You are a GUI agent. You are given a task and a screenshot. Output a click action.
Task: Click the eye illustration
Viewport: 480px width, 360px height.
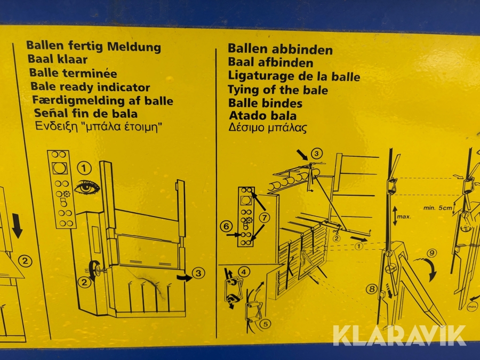86,187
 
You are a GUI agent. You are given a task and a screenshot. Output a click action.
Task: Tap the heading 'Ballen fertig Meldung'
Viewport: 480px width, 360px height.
94,46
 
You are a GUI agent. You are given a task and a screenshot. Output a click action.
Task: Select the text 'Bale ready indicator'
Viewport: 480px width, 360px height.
90,87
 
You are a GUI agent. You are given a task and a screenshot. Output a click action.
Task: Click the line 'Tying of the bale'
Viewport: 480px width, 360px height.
278,90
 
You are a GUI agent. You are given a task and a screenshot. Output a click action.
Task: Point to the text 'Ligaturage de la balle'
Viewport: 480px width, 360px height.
294,76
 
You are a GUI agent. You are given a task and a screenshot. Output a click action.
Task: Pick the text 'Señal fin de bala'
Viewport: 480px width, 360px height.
86,113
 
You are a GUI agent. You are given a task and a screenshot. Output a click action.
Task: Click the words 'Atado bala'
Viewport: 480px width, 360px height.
262,115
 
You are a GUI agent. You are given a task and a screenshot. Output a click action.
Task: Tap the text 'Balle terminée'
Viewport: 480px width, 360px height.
73,73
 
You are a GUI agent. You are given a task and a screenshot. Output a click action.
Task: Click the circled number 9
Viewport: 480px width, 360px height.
431,253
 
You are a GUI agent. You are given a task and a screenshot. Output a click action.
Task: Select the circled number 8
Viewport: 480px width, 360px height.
372,289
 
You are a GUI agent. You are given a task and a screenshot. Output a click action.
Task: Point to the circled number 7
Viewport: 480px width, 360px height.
265,218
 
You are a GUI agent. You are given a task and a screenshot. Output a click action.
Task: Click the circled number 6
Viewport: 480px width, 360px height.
226,226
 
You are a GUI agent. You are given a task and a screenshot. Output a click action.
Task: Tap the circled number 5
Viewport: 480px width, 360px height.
265,324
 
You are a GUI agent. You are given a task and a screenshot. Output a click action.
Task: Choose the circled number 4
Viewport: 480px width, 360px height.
244,271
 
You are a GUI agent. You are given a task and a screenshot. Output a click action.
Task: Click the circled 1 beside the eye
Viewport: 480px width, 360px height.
84,168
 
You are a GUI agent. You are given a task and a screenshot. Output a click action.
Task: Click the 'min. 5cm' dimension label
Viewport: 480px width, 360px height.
438,208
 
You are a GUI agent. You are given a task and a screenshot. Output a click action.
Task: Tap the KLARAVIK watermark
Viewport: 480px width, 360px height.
399,335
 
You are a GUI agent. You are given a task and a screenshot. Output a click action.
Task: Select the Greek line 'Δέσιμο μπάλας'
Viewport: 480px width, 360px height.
268,127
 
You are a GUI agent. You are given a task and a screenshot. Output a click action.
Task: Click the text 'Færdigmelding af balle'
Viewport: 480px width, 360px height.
102,100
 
